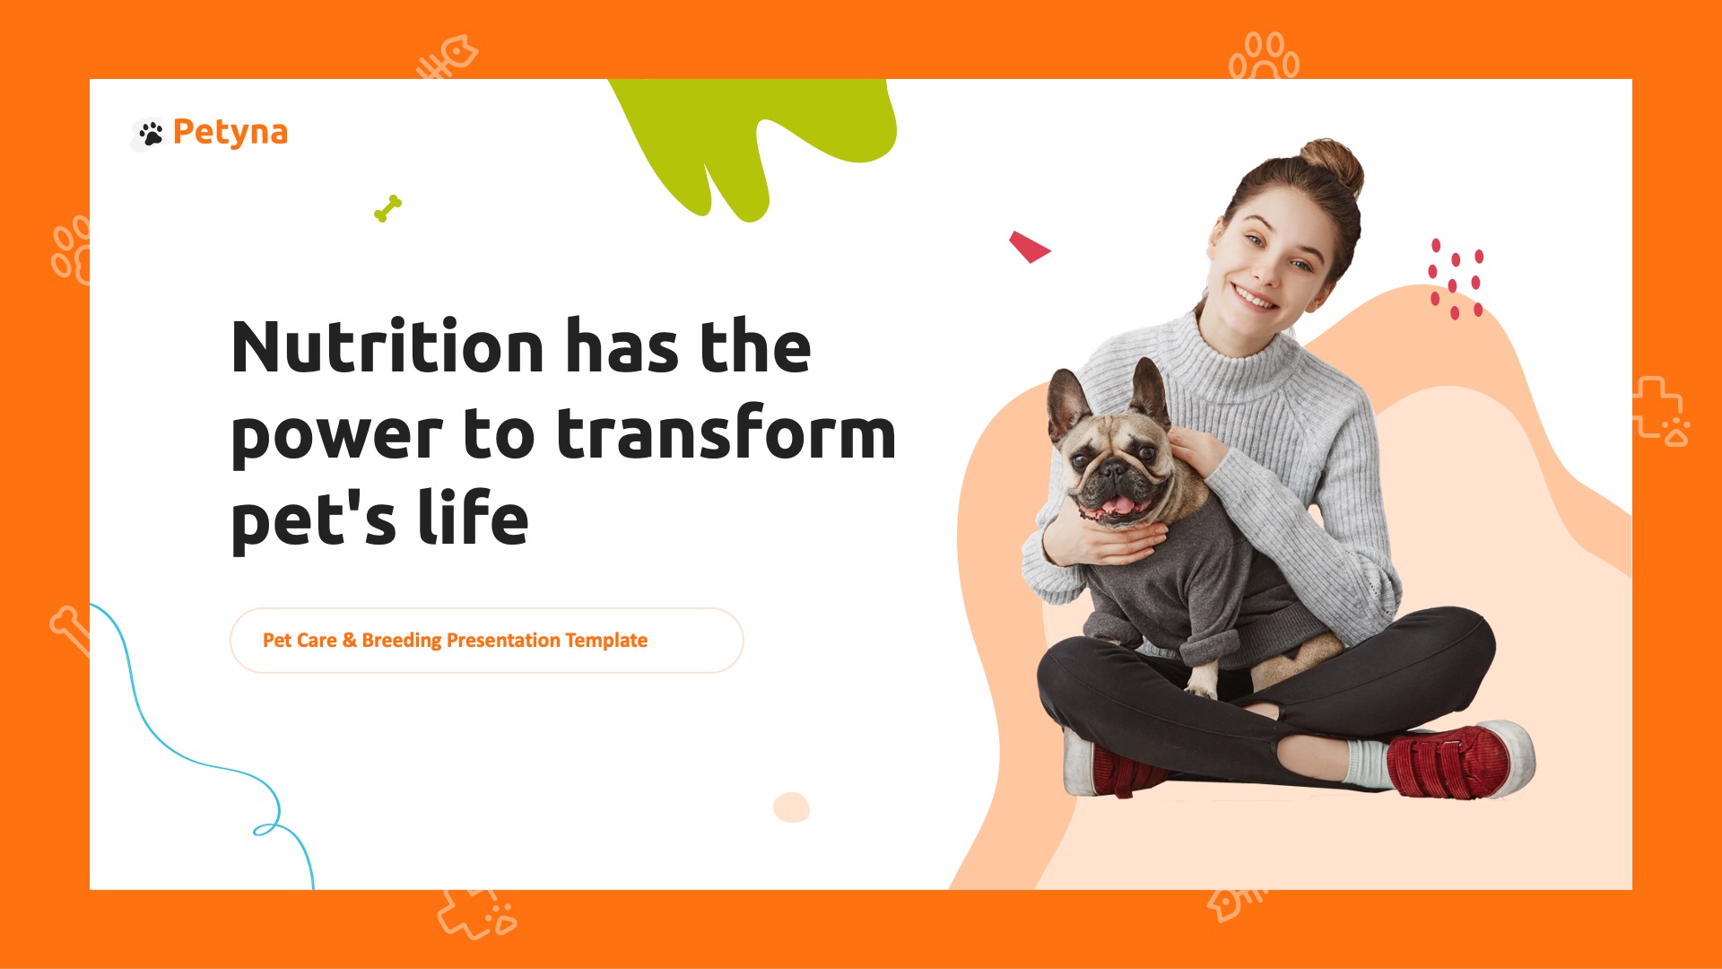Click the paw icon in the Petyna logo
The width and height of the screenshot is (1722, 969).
coord(152,134)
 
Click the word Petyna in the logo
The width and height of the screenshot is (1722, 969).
coord(230,132)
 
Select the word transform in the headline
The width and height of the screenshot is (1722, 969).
coord(726,433)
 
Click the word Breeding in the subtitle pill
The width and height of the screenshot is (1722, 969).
coord(401,641)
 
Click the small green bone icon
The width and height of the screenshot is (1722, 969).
coord(387,209)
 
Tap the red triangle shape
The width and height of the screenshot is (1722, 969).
coord(1028,246)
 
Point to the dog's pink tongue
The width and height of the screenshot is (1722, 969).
coord(1118,505)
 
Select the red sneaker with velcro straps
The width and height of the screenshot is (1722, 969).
coord(1458,761)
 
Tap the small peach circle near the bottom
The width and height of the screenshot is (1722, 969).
coord(791,807)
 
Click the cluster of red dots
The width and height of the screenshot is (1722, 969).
coord(1455,279)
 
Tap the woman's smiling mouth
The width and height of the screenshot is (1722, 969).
coord(1253,296)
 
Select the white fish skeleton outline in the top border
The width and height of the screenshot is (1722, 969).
coord(448,57)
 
